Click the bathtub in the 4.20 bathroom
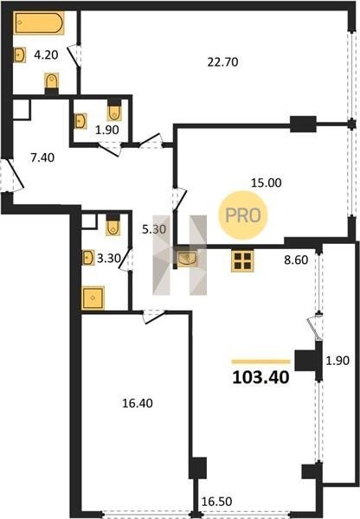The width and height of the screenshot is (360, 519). click(x=39, y=22)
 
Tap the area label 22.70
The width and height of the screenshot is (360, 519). click(x=222, y=62)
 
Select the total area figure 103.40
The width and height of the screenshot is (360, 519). click(x=260, y=378)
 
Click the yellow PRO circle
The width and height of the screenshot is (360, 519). click(x=243, y=215)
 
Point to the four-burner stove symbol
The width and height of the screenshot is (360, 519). click(x=242, y=261)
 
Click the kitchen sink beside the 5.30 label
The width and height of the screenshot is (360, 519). click(x=187, y=259)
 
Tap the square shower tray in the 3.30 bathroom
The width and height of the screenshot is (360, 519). click(x=93, y=298)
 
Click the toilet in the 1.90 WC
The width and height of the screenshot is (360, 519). click(x=114, y=112)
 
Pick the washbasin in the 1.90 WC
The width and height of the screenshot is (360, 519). click(x=80, y=121)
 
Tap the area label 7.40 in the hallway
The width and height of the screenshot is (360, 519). click(x=42, y=157)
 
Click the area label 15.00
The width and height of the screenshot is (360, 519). click(x=266, y=183)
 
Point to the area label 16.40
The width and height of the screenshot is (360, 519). click(x=138, y=403)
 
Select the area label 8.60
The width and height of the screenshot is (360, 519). click(x=296, y=259)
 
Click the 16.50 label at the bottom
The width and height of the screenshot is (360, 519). click(x=216, y=502)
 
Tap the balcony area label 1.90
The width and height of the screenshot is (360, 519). click(x=337, y=361)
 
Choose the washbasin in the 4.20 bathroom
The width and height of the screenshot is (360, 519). click(x=20, y=54)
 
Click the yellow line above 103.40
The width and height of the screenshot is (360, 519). click(x=261, y=362)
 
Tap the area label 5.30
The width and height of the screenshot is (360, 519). click(x=154, y=229)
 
